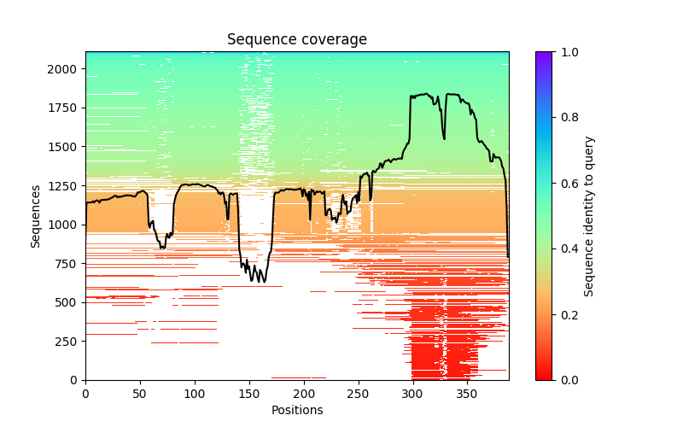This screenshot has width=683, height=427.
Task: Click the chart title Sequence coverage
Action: (x=297, y=40)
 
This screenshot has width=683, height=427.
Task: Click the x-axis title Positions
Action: (x=297, y=410)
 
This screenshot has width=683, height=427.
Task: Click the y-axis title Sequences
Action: (x=36, y=215)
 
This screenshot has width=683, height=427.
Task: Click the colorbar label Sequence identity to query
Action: (x=589, y=215)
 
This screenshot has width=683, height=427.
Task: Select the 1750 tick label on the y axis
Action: (x=64, y=108)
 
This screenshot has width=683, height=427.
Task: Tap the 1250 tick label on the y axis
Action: (x=64, y=185)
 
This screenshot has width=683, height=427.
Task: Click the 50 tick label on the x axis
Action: (x=140, y=393)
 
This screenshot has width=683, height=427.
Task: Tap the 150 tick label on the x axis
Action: (x=249, y=393)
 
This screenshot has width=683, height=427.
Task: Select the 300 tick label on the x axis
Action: (x=412, y=393)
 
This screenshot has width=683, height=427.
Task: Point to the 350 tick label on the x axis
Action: (x=467, y=393)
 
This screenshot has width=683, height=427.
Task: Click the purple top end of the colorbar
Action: (x=544, y=55)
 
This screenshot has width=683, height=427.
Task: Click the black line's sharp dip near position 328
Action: (x=444, y=138)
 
